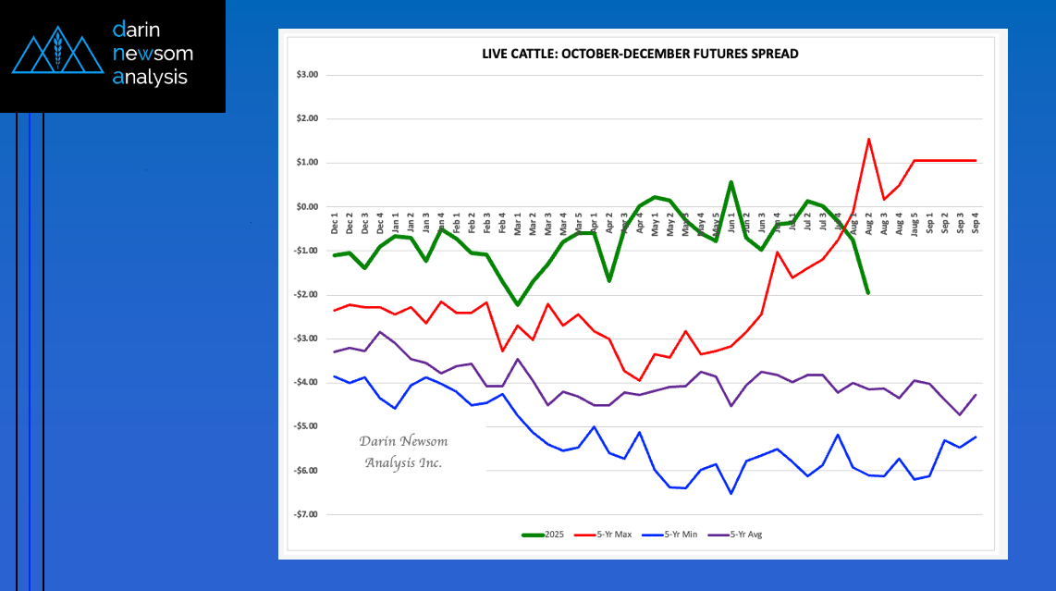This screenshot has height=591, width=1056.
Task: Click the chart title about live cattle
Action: (x=640, y=54)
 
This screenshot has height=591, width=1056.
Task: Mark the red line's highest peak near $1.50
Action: (x=869, y=140)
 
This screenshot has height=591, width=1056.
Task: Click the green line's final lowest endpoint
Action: (x=868, y=293)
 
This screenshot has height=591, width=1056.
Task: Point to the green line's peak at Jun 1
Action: (x=731, y=182)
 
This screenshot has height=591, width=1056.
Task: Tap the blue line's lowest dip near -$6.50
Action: (x=731, y=493)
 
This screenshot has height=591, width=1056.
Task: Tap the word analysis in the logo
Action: (x=150, y=77)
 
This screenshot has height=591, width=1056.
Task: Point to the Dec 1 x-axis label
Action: (x=335, y=225)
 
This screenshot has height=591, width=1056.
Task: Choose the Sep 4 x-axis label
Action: (x=976, y=225)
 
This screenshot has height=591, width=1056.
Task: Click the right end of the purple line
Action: (x=976, y=395)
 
